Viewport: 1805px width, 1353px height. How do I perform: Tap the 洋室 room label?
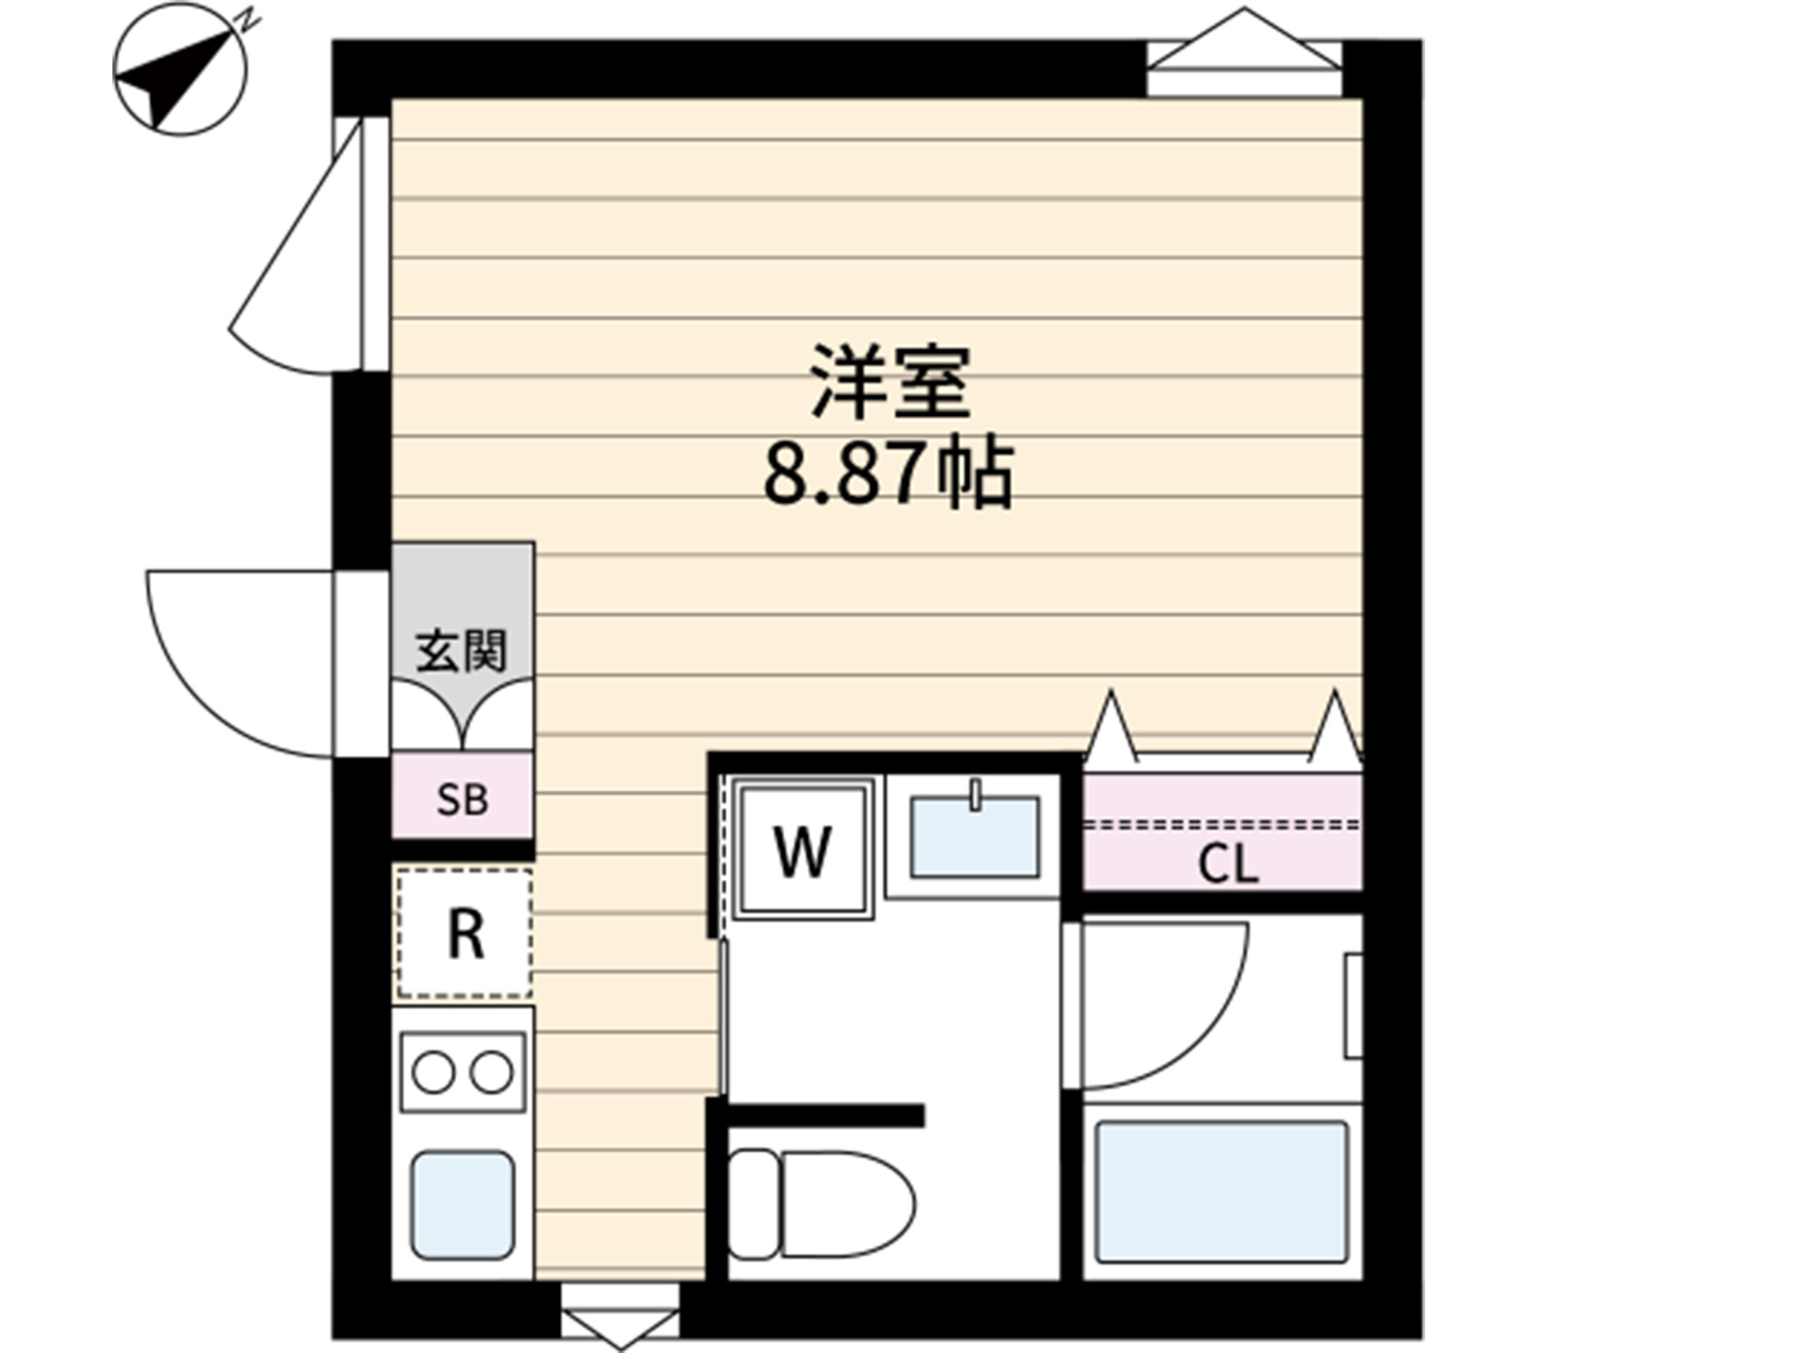(x=891, y=382)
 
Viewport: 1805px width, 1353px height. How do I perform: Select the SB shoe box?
(x=463, y=795)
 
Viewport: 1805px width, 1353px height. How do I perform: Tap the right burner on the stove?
(x=492, y=1073)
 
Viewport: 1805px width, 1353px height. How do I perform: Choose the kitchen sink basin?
(x=462, y=1204)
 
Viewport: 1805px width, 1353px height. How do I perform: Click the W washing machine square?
(x=802, y=850)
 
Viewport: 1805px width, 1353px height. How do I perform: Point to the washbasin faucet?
(x=975, y=795)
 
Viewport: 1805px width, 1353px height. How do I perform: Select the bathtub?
(x=1222, y=1192)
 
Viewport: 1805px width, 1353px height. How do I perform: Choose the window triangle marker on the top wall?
(x=1244, y=37)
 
